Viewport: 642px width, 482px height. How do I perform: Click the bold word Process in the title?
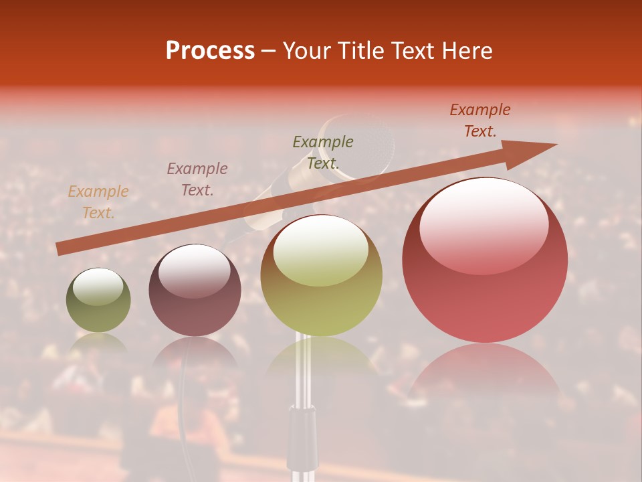210,51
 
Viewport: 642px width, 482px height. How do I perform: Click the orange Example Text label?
98,202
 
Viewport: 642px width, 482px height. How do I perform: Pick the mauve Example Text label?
197,179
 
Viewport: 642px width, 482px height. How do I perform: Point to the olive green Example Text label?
323,152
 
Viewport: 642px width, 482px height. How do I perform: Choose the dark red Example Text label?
479,120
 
